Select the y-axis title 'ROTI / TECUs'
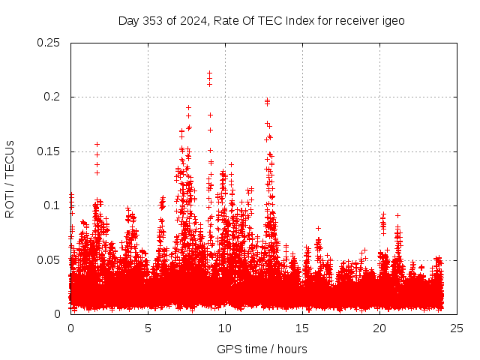[x=10, y=178]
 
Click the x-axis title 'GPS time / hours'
[x=262, y=349]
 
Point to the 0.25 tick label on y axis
[x=50, y=43]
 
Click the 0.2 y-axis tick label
[x=53, y=97]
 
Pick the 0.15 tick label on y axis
[x=50, y=151]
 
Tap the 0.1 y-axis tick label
[x=53, y=205]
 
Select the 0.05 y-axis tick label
[x=50, y=260]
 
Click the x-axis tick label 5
[x=148, y=328]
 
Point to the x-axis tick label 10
[x=225, y=328]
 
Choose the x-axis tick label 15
[x=303, y=328]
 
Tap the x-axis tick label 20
[x=380, y=328]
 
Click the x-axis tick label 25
[x=457, y=328]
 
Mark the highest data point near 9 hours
[x=210, y=73]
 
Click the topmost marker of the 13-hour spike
[x=267, y=99]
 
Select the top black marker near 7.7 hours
[x=189, y=107]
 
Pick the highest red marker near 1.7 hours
[x=97, y=144]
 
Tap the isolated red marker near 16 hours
[x=318, y=228]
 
